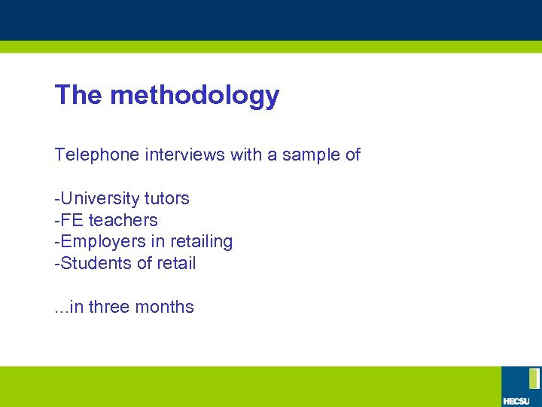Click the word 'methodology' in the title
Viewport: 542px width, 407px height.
coord(194,96)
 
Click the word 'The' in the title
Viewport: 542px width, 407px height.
coord(79,95)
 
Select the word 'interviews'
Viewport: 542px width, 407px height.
coord(179,155)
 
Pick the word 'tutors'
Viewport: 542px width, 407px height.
coord(166,199)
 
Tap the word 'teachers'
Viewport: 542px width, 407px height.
coord(123,221)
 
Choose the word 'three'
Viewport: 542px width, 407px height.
coord(109,308)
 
